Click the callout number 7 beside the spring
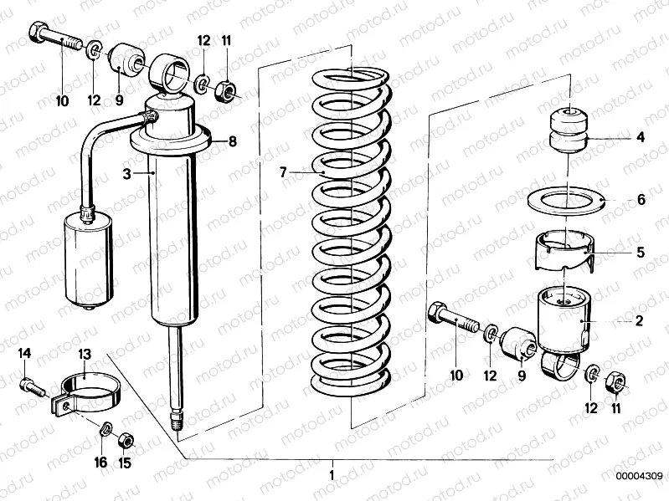pyautogui.click(x=284, y=172)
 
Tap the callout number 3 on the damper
pyautogui.click(x=125, y=172)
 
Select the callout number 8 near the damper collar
pyautogui.click(x=233, y=141)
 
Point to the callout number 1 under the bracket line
pyautogui.click(x=333, y=474)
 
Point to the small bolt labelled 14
pyautogui.click(x=30, y=386)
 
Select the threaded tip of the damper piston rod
pyautogui.click(x=177, y=420)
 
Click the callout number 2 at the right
pyautogui.click(x=639, y=320)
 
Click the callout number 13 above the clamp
pyautogui.click(x=85, y=355)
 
